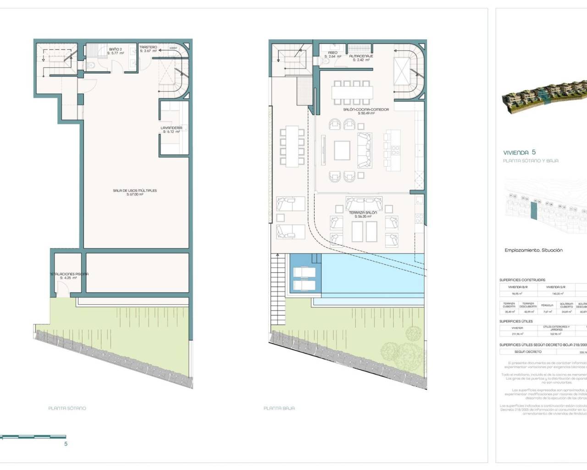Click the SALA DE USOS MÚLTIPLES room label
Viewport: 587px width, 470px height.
click(x=135, y=190)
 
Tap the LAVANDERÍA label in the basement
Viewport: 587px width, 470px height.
click(x=171, y=128)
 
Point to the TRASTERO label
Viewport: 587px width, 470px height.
click(x=148, y=47)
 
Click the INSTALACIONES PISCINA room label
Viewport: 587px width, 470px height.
click(x=69, y=274)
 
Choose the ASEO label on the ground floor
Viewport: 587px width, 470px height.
click(x=332, y=53)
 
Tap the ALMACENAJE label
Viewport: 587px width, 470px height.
click(x=361, y=56)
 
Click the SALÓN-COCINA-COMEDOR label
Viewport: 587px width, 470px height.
click(x=366, y=110)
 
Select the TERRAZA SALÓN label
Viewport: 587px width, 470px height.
click(x=363, y=213)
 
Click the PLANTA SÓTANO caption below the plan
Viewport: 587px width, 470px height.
click(x=67, y=408)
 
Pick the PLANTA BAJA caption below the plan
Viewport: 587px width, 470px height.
click(x=279, y=408)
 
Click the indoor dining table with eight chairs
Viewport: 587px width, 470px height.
click(x=352, y=92)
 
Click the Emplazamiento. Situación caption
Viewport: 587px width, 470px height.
click(x=533, y=250)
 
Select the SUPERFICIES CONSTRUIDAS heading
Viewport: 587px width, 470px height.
click(x=522, y=280)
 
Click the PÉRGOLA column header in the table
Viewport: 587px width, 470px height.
click(x=547, y=305)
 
